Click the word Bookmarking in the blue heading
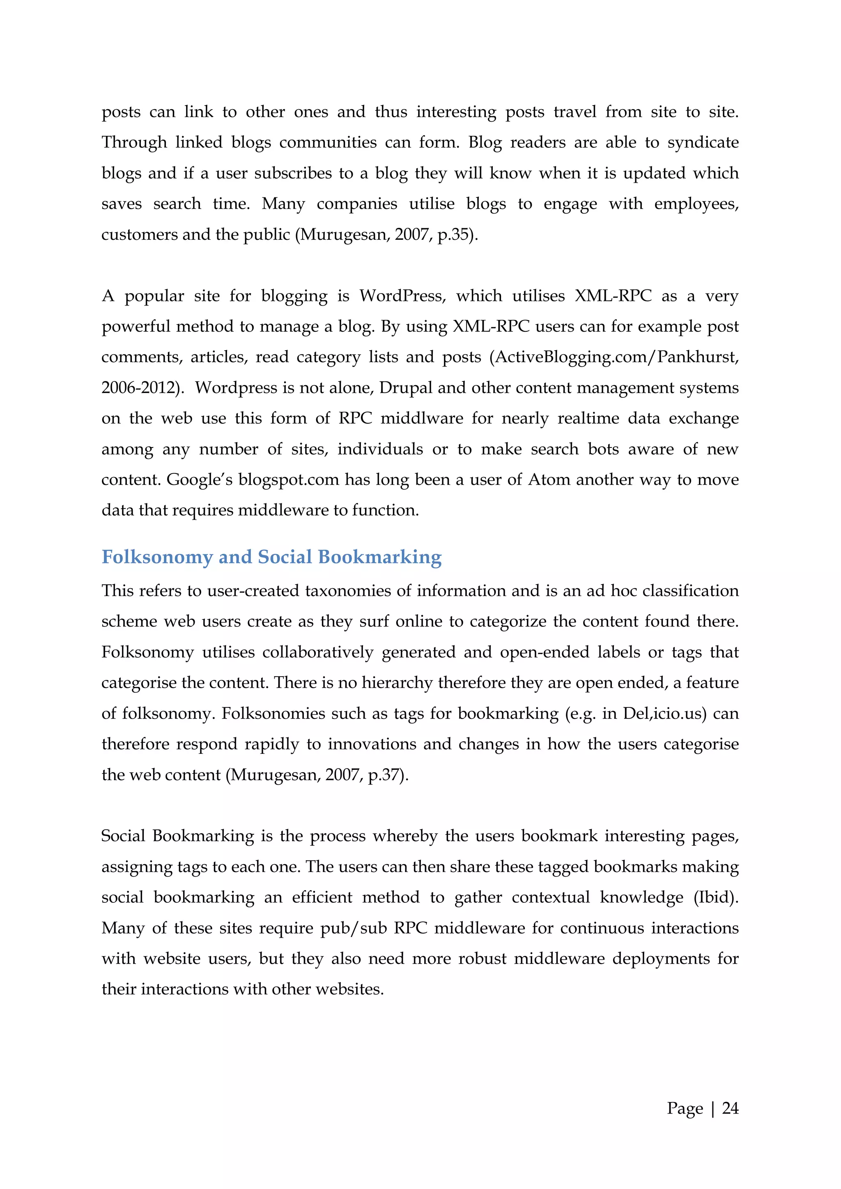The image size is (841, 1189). pyautogui.click(x=379, y=557)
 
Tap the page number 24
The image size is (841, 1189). pyautogui.click(x=730, y=1108)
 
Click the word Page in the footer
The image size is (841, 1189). pyautogui.click(x=685, y=1108)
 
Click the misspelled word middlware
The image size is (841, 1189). pyautogui.click(x=422, y=418)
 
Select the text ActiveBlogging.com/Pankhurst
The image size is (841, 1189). pyautogui.click(x=617, y=357)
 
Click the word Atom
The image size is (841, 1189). pyautogui.click(x=548, y=480)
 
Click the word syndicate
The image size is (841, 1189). pyautogui.click(x=703, y=142)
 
